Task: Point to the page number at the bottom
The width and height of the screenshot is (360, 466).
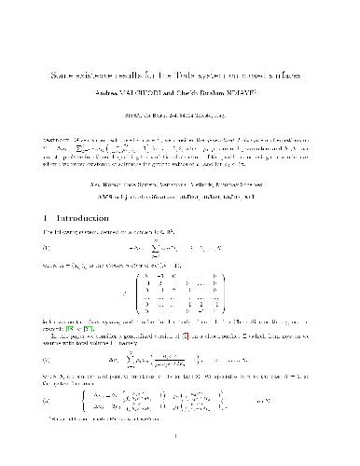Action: (179, 444)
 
